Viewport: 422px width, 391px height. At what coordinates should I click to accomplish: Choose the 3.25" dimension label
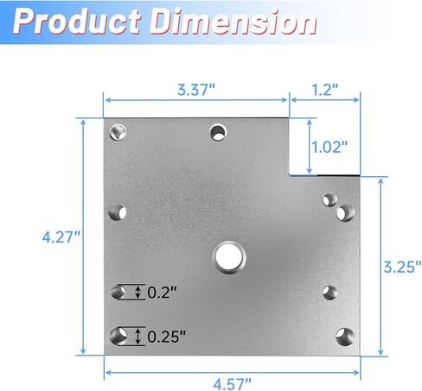point(402,264)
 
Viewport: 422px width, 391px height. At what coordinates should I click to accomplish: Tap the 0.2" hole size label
point(162,293)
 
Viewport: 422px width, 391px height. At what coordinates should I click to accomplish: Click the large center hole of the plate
point(227,255)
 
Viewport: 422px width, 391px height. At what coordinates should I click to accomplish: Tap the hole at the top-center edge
point(218,132)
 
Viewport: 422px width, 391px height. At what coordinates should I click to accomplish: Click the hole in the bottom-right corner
point(344,336)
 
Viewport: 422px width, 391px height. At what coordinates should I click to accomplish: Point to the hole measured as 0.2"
point(118,293)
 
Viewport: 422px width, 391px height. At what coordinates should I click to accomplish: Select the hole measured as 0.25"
point(119,335)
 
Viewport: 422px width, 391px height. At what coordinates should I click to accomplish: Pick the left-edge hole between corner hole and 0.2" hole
point(118,211)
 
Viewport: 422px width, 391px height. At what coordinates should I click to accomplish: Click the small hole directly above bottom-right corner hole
point(329,291)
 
